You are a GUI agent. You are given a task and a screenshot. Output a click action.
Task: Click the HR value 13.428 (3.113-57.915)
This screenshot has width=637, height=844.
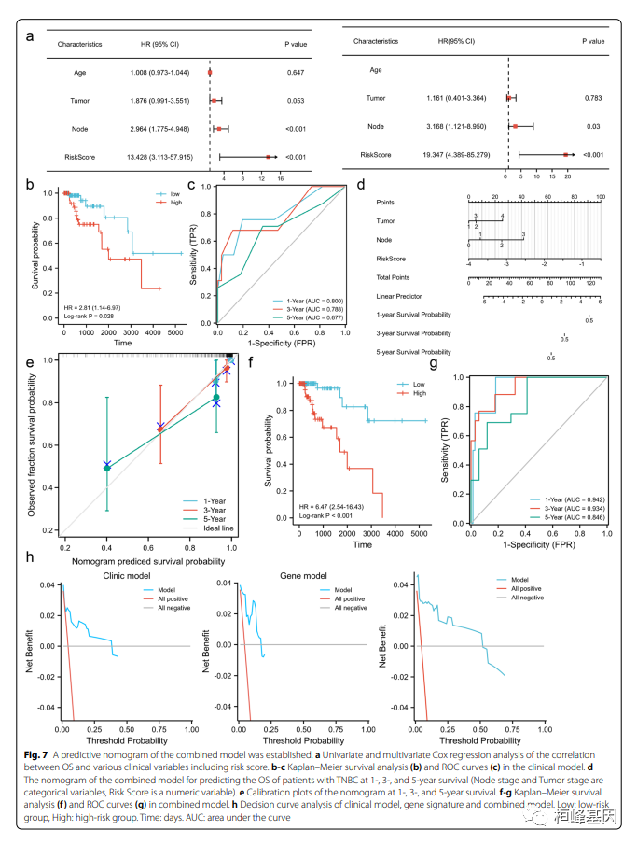[x=161, y=157]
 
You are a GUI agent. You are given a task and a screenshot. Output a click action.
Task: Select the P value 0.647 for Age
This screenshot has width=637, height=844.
[x=297, y=72]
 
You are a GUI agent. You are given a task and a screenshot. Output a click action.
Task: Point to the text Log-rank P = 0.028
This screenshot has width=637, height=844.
[x=88, y=316]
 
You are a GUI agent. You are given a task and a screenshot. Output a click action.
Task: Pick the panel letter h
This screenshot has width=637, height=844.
[x=31, y=557]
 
